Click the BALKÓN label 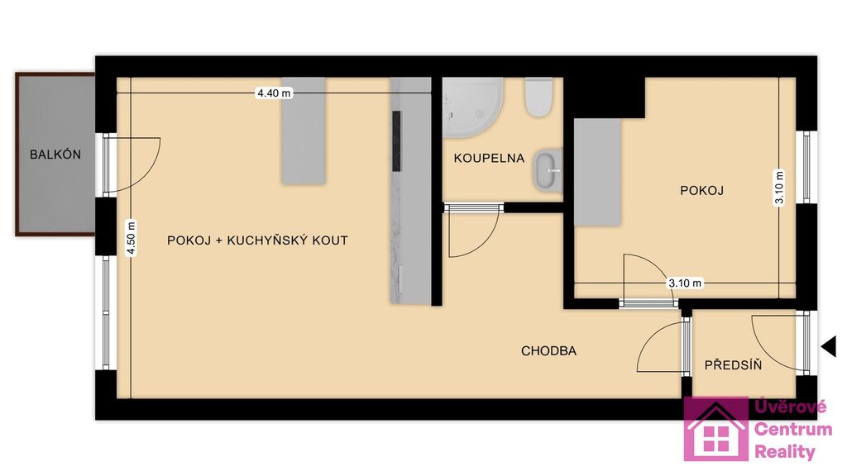55,155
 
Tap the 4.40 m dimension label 274,93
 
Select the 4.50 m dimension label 132,238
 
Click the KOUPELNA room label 489,158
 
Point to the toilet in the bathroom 538,98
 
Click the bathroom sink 548,170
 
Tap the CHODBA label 549,350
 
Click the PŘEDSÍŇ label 733,364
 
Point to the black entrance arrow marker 829,346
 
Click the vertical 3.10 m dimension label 779,188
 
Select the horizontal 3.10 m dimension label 685,283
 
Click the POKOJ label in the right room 701,191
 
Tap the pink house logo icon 715,430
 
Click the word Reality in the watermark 784,452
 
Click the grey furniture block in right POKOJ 597,172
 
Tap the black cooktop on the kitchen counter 396,141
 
